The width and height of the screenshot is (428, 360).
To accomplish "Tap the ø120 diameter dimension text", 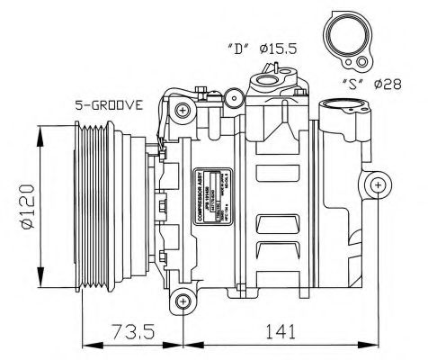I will pos(26,208).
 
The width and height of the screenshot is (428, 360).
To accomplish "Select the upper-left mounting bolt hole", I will pos(183,112).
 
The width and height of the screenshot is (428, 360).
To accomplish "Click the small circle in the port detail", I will pos(361,62).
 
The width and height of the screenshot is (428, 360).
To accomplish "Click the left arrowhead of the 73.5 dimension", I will pos(85,345).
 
